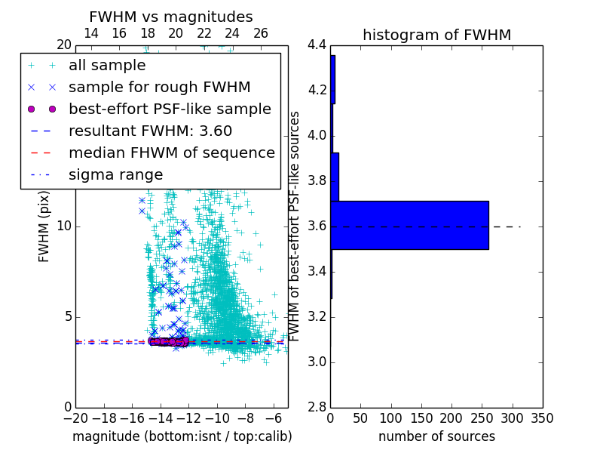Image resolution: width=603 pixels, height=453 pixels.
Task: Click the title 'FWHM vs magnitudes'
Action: [171, 17]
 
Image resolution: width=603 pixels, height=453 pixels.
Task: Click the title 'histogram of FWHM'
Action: [436, 35]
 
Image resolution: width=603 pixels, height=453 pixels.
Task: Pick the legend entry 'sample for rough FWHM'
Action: [159, 88]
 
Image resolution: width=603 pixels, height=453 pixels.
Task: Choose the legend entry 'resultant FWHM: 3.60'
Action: [150, 131]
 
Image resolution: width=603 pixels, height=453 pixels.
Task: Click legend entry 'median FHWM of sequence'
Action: [171, 153]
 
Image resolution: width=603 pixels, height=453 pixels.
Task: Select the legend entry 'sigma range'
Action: [115, 175]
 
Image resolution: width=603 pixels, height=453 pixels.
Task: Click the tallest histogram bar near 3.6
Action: [409, 225]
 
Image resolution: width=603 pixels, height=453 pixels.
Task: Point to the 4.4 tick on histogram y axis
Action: [317, 45]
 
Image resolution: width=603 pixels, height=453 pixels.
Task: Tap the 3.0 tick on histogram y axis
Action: [317, 362]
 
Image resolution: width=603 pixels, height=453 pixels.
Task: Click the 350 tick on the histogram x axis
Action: [543, 418]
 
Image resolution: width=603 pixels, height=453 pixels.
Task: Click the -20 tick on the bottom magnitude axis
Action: [75, 418]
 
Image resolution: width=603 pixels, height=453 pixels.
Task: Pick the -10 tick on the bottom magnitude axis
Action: [217, 418]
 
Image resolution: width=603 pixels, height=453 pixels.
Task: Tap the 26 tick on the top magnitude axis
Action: [261, 34]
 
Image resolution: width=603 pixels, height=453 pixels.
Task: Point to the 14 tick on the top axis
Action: [91, 34]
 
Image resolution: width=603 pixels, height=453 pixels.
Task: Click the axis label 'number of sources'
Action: [436, 436]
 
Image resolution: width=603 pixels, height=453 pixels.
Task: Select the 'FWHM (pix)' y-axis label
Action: [44, 226]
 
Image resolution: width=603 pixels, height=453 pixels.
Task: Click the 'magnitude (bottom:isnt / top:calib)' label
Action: [182, 436]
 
